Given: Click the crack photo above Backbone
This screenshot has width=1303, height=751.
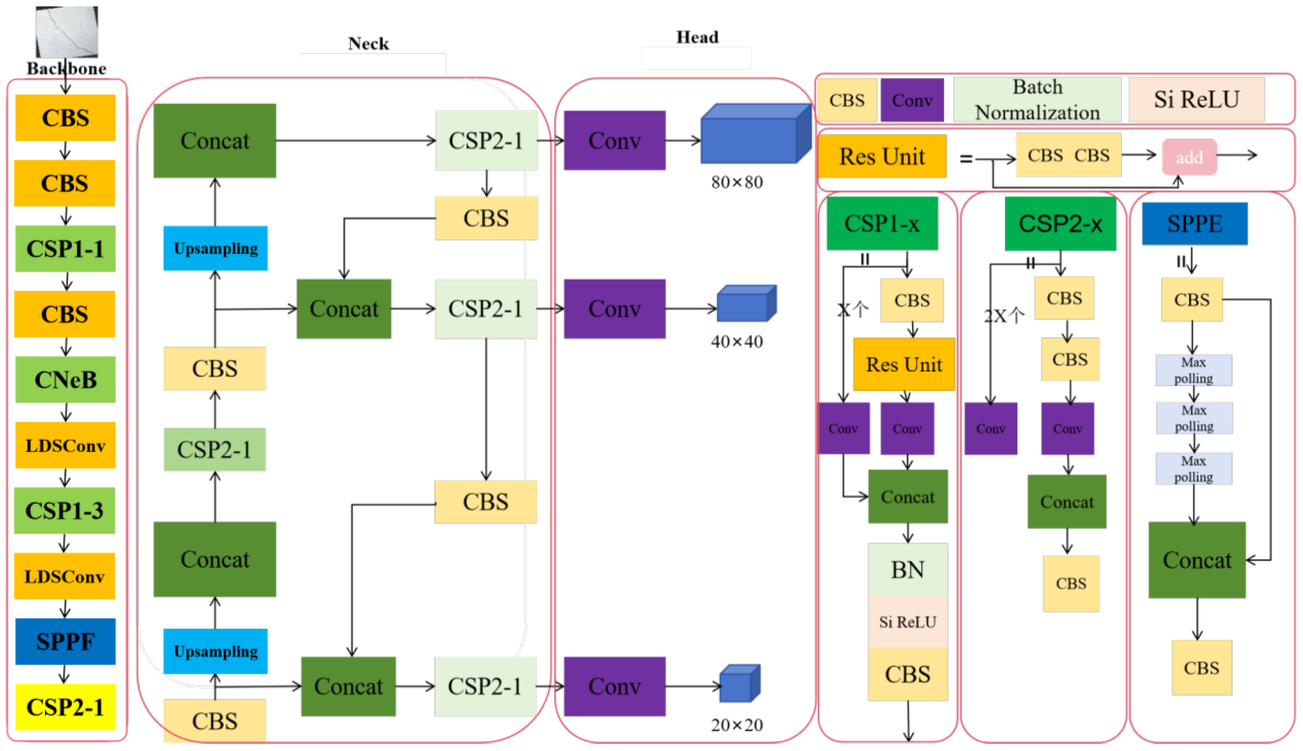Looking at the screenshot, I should click(67, 31).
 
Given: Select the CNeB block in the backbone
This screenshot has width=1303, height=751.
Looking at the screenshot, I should click(65, 380).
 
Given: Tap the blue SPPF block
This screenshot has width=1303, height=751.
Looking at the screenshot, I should click(65, 641).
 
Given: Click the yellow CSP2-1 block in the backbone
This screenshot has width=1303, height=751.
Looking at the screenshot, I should click(65, 707).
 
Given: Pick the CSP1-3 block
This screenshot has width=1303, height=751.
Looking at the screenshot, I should click(65, 510).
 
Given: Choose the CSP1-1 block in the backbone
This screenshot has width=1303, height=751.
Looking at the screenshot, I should click(65, 249).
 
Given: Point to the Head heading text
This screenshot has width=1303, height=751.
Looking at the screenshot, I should click(697, 37).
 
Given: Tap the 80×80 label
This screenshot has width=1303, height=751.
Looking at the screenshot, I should click(737, 182).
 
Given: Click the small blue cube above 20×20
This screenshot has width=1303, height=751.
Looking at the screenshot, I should click(739, 683).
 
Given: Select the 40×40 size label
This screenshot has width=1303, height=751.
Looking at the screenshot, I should click(737, 341).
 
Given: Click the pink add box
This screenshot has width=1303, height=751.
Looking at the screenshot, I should click(1189, 157).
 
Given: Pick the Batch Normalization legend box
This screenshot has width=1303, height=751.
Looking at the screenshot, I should click(1037, 99).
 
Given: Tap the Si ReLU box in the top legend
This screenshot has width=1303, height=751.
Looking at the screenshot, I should click(1196, 99).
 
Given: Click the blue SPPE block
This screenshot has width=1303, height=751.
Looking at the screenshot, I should click(1194, 224).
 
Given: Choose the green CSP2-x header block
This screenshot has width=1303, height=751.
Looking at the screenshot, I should click(1060, 224).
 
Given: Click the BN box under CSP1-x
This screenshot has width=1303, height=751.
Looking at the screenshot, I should click(907, 570).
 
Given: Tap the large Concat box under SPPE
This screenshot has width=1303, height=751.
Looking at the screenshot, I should click(1197, 560).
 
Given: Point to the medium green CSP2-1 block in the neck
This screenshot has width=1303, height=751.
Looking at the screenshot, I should click(215, 449).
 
